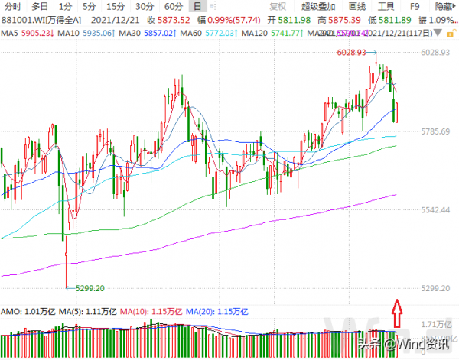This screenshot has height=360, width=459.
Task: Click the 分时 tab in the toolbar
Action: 11,5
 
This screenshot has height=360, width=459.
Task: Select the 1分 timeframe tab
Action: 65,5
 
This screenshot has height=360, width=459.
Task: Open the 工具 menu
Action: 386,5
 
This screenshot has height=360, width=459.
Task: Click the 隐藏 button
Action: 444,5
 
